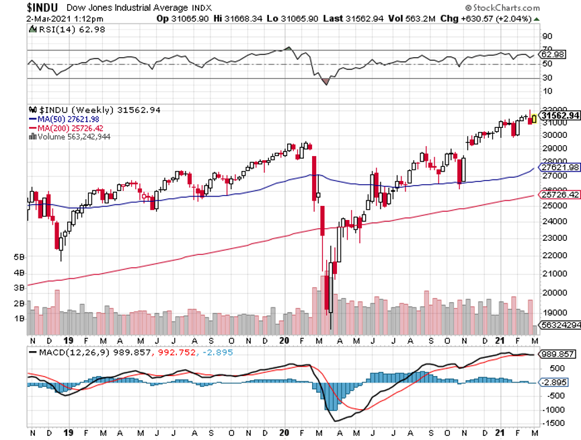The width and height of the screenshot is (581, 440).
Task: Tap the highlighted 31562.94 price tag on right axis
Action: [561, 116]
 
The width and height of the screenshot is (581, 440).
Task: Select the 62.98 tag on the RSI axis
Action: [551, 54]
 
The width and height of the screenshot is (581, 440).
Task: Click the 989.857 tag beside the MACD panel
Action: [558, 354]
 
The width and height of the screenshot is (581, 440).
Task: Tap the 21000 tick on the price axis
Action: [553, 274]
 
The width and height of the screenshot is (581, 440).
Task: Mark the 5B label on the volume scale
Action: [19, 258]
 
